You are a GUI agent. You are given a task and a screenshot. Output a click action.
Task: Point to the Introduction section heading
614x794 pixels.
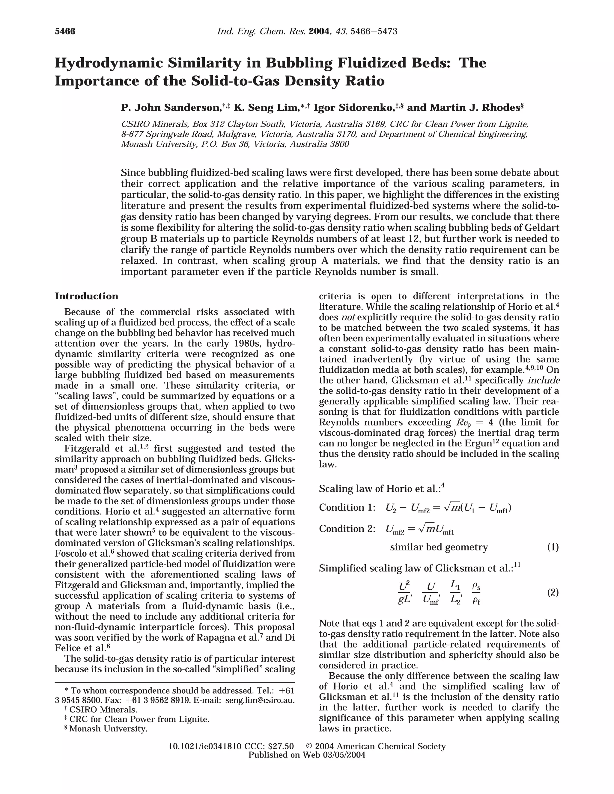tap(87, 296)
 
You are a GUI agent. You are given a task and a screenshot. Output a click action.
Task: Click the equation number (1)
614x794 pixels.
tap(553, 547)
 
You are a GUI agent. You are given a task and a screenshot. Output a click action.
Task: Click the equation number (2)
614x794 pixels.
tap(553, 593)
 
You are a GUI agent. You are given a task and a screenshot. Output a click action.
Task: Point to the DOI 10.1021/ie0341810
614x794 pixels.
tap(205, 746)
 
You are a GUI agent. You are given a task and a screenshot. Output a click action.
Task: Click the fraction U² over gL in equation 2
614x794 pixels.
tap(404, 593)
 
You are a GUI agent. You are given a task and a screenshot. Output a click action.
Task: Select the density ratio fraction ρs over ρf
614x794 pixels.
tap(476, 593)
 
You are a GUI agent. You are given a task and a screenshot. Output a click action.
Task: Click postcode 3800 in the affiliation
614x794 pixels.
tap(339, 144)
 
